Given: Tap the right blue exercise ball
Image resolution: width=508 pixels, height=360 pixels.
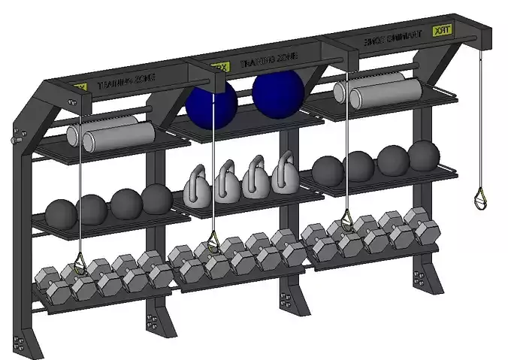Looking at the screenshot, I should pyautogui.click(x=277, y=91).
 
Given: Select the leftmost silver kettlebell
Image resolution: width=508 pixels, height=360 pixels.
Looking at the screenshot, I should pyautogui.click(x=197, y=187).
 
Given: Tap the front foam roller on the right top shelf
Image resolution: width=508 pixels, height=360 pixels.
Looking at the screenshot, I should pyautogui.click(x=386, y=92).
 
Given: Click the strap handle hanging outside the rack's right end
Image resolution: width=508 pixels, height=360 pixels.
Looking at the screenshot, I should pyautogui.click(x=479, y=199).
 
